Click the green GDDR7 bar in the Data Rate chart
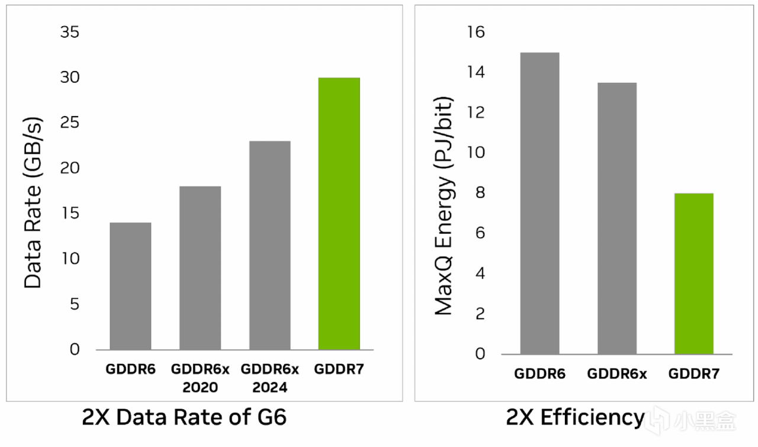pyautogui.click(x=339, y=213)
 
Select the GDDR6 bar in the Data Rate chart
pyautogui.click(x=130, y=286)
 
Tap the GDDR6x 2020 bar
pyautogui.click(x=200, y=268)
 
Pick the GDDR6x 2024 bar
pyautogui.click(x=269, y=245)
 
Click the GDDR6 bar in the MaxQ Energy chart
pyautogui.click(x=539, y=203)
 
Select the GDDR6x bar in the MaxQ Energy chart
pyautogui.click(x=616, y=218)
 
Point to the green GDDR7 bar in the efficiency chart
pyautogui.click(x=693, y=274)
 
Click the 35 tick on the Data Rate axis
pyautogui.click(x=70, y=32)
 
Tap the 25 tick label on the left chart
pyautogui.click(x=70, y=123)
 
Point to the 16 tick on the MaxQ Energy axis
pyautogui.click(x=476, y=32)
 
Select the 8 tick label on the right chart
pyautogui.click(x=480, y=193)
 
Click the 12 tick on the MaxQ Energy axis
pyautogui.click(x=476, y=112)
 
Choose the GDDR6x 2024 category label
pyautogui.click(x=269, y=378)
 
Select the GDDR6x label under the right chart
pyautogui.click(x=616, y=374)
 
